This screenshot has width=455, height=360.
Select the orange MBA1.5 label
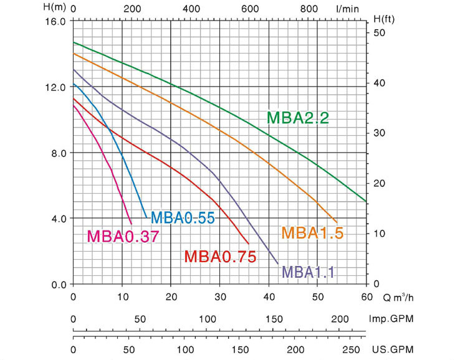(313, 233)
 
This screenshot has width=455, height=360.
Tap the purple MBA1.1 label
(309, 272)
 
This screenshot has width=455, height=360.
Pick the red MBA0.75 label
(220, 256)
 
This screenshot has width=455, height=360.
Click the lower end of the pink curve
(132, 223)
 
